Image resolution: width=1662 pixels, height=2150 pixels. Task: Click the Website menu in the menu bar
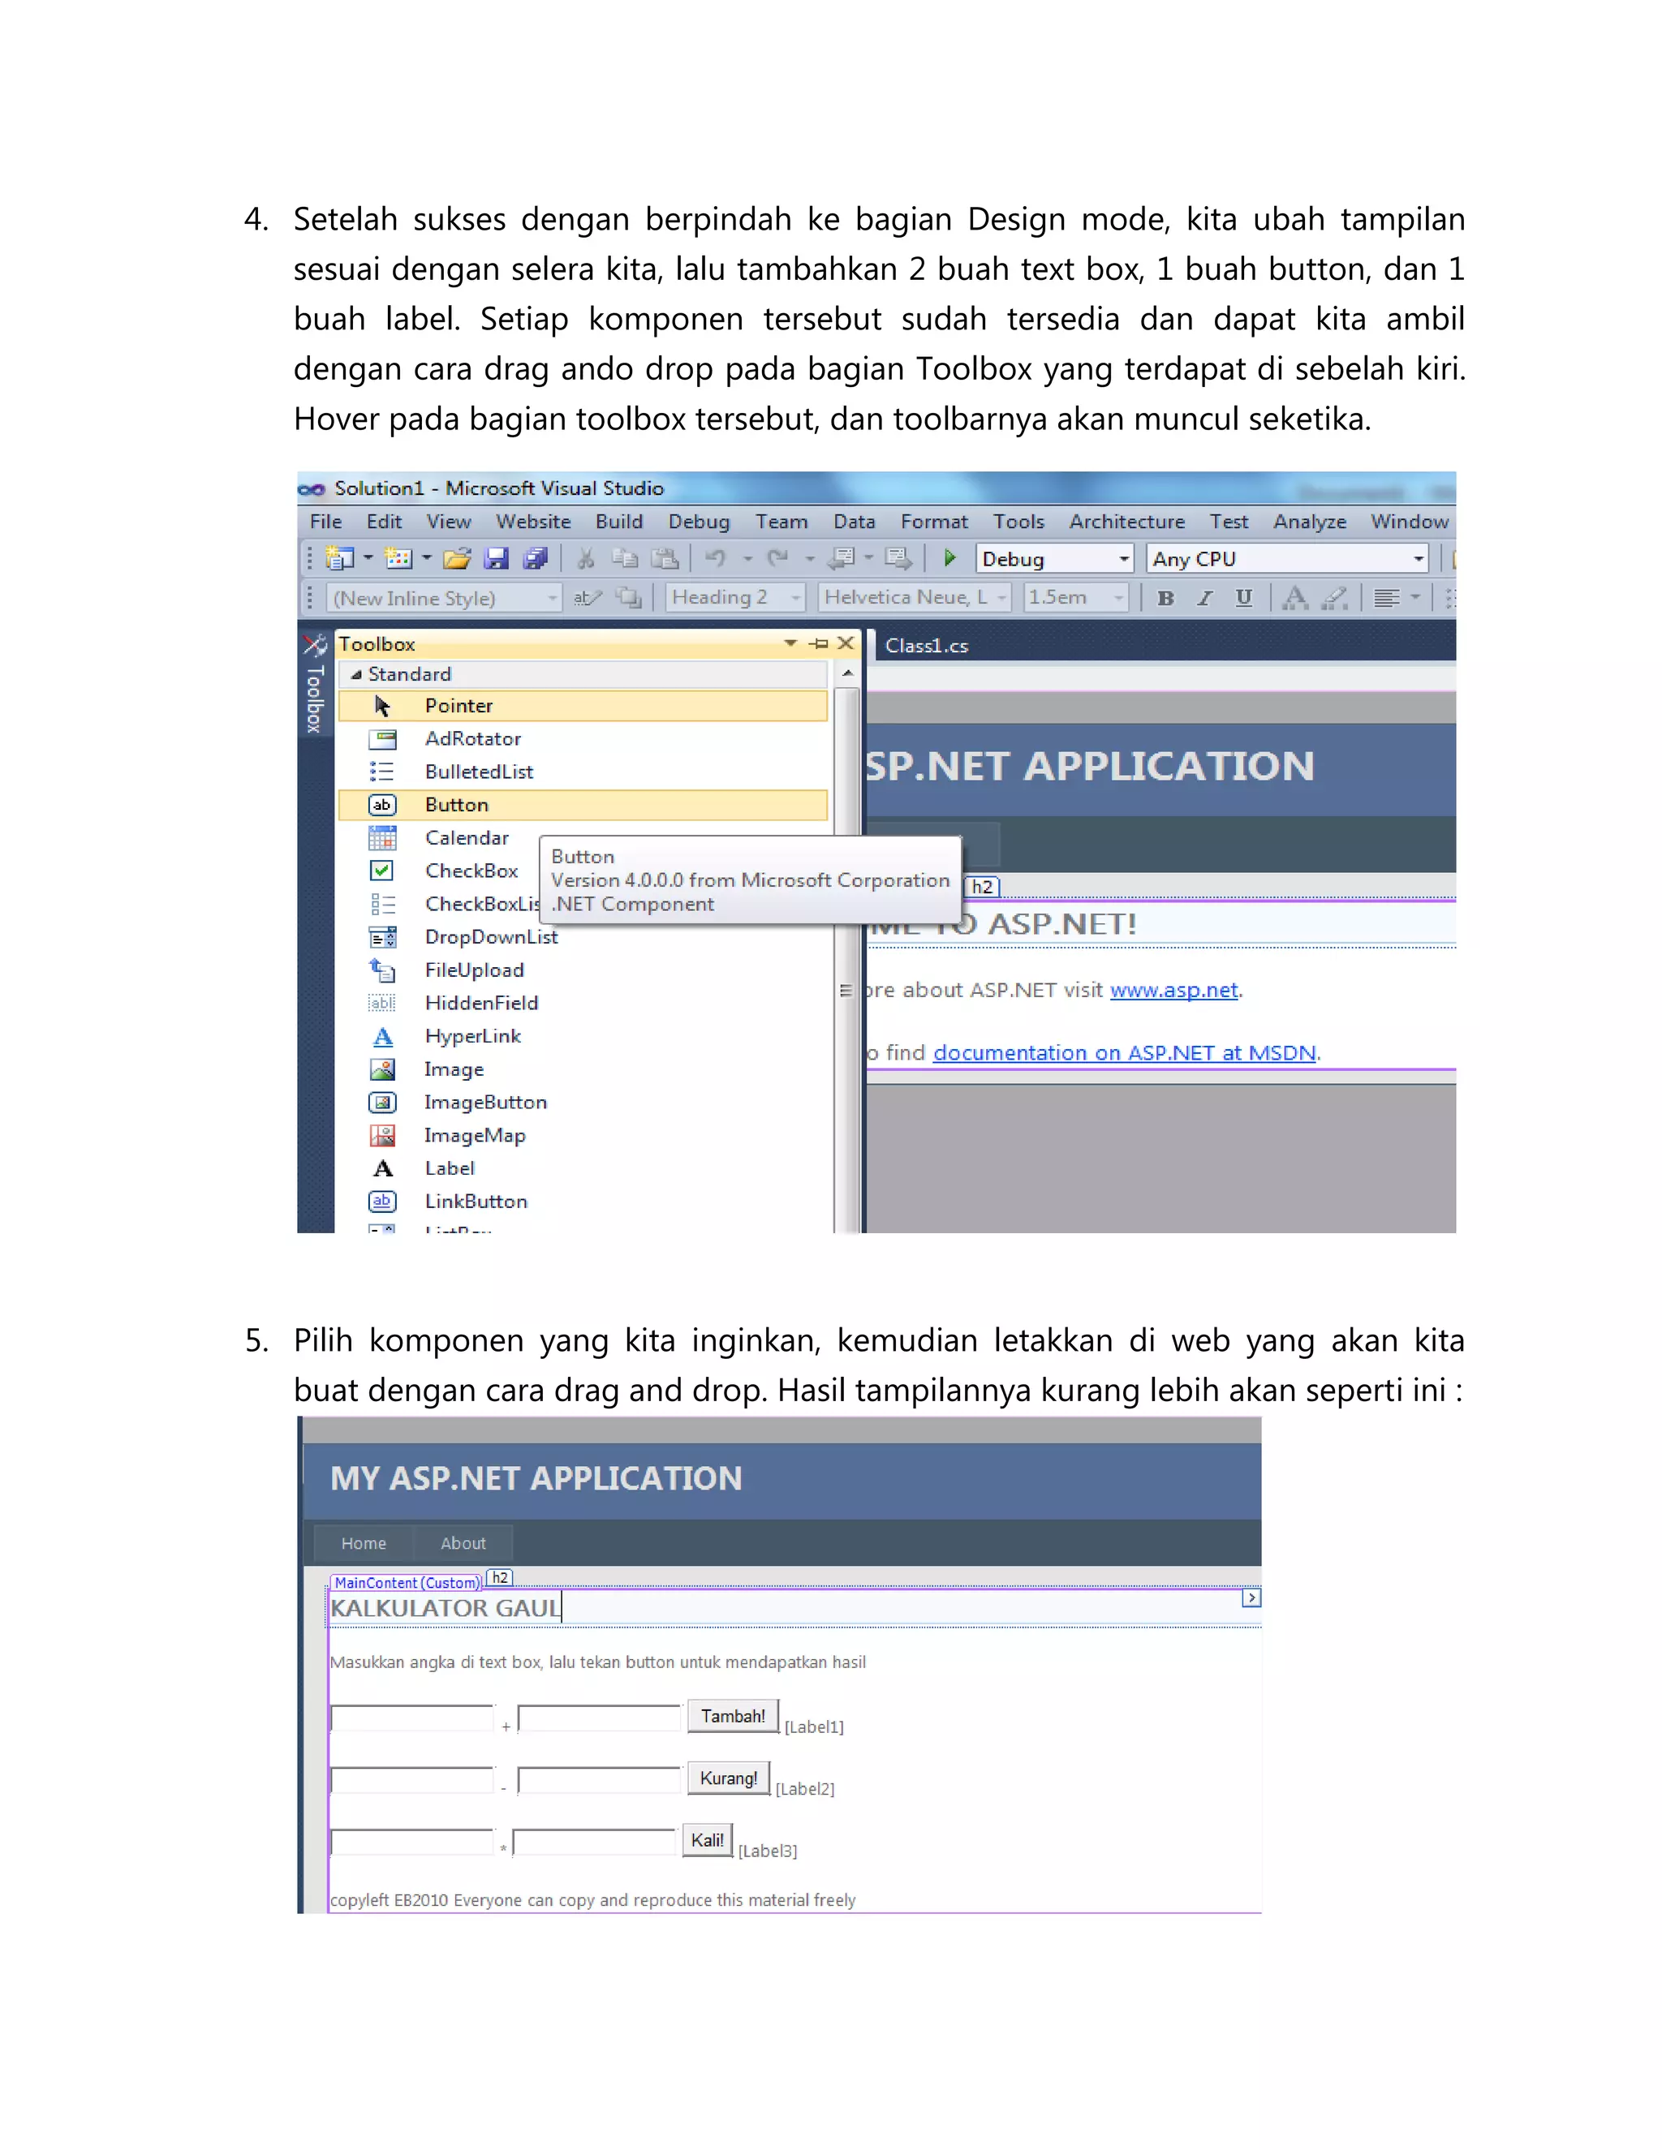coord(532,522)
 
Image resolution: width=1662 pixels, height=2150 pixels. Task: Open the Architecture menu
coord(1126,522)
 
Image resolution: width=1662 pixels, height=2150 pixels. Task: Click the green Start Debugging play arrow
coord(949,558)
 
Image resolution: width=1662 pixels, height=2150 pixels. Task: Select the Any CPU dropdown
coord(1287,559)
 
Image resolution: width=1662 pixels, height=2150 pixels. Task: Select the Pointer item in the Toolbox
coord(459,706)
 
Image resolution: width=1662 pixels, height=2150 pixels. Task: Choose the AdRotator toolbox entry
coord(472,738)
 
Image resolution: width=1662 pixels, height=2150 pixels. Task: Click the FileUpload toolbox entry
coord(474,970)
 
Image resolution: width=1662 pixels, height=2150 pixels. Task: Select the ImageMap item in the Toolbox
coord(475,1135)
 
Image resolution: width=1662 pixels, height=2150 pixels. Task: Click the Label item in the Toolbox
coord(449,1168)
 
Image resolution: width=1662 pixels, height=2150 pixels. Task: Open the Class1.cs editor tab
coord(925,646)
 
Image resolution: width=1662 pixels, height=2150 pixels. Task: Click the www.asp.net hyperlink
coord(1173,991)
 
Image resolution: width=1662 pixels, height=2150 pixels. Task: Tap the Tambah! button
coord(733,1716)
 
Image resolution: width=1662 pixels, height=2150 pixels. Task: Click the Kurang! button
coord(729,1778)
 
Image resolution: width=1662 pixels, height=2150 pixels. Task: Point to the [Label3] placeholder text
coord(768,1851)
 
